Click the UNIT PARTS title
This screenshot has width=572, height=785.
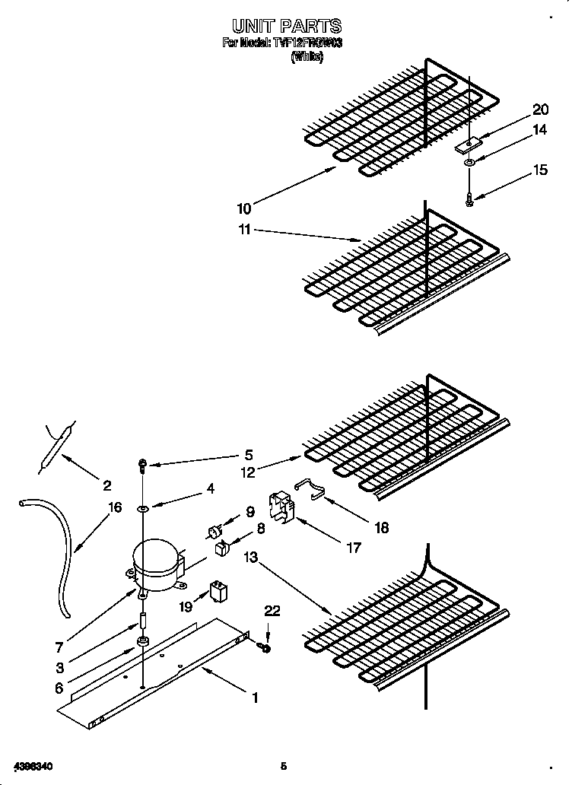click(x=282, y=27)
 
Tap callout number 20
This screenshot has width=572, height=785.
click(x=540, y=110)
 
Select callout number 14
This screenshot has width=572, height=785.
click(x=539, y=130)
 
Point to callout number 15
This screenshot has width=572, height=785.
click(x=540, y=170)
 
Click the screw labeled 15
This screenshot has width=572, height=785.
click(x=469, y=199)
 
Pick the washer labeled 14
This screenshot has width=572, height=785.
click(x=469, y=161)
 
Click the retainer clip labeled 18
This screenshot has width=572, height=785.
click(x=310, y=487)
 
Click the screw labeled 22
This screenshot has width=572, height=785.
click(x=265, y=647)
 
